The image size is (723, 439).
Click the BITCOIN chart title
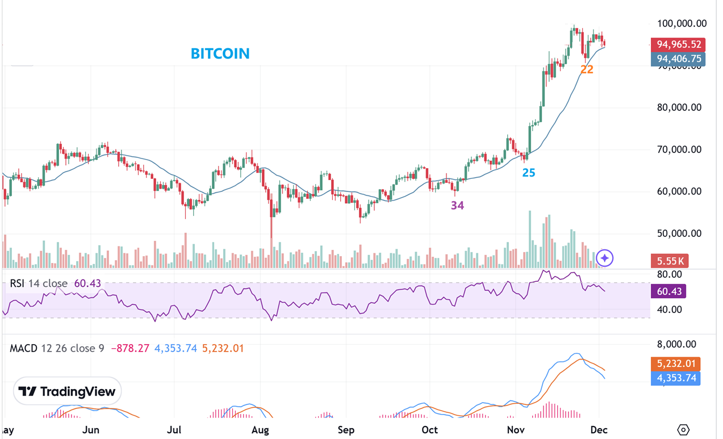tap(220, 53)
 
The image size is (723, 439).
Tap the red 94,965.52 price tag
tap(678, 44)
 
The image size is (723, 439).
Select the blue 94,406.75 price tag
tap(678, 58)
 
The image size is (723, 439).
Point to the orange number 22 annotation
tap(587, 69)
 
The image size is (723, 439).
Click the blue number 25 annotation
tap(528, 172)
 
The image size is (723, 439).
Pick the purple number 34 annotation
tap(457, 206)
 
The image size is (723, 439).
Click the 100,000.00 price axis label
tap(682, 23)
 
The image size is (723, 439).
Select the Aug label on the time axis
tap(260, 430)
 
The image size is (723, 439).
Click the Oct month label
tap(430, 430)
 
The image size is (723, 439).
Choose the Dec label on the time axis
tap(599, 430)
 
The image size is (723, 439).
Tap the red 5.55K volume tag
tap(670, 261)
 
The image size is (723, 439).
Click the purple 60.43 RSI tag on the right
tap(668, 291)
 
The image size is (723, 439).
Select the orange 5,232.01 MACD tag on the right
tap(678, 363)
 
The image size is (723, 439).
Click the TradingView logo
tap(67, 391)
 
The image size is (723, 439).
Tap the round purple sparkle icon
tap(605, 258)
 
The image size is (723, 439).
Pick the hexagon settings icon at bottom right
tap(683, 430)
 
